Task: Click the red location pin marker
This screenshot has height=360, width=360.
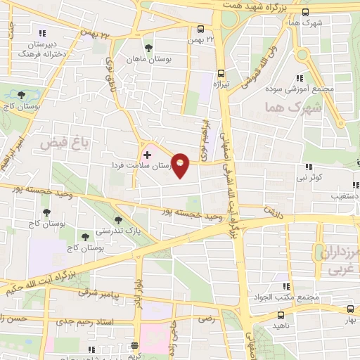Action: (x=181, y=165)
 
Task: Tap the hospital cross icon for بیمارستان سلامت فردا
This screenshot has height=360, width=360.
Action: (x=147, y=154)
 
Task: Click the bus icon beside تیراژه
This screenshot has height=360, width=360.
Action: (x=221, y=72)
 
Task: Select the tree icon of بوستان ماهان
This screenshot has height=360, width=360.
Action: (x=148, y=49)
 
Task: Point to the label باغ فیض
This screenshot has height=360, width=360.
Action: (x=57, y=143)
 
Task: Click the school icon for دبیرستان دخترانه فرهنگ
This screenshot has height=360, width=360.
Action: (x=42, y=32)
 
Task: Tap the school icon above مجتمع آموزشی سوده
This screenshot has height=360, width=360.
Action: (x=300, y=78)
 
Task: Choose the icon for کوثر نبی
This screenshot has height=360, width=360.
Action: (x=308, y=167)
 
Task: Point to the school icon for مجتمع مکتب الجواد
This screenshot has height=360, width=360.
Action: (x=285, y=286)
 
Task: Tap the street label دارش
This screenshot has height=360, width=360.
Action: (x=271, y=211)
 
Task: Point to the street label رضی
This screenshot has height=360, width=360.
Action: (x=206, y=319)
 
